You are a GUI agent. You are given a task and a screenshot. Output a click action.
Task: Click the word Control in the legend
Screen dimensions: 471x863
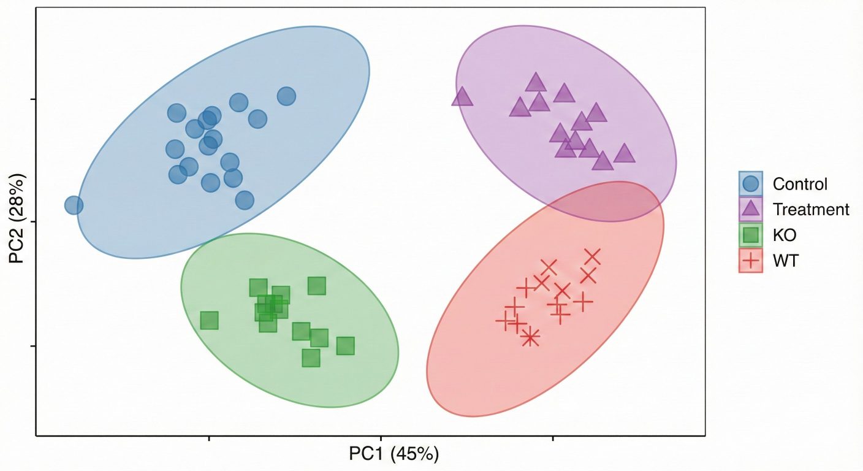pyautogui.click(x=800, y=184)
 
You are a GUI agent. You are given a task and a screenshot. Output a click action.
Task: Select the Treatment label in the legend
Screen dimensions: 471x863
pyautogui.click(x=811, y=210)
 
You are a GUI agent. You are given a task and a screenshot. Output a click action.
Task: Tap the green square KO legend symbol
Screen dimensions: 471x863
pyautogui.click(x=751, y=235)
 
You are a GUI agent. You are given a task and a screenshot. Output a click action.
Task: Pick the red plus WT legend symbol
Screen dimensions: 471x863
pyautogui.click(x=751, y=261)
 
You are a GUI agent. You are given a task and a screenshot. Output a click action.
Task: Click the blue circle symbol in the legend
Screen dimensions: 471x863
pyautogui.click(x=751, y=183)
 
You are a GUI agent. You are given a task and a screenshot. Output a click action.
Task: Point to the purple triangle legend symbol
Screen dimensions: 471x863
pyautogui.click(x=751, y=210)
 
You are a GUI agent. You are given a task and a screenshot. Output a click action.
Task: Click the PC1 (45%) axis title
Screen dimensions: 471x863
pyautogui.click(x=394, y=454)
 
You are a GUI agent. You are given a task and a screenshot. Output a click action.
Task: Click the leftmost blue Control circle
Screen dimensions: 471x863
pyautogui.click(x=74, y=205)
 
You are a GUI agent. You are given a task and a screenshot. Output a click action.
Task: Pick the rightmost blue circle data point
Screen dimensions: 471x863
pyautogui.click(x=286, y=96)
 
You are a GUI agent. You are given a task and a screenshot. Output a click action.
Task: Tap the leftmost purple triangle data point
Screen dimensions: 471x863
pyautogui.click(x=462, y=97)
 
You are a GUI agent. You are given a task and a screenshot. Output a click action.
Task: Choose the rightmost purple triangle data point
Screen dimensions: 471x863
pyautogui.click(x=624, y=153)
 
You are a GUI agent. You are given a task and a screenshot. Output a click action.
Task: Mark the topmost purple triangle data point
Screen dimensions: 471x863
pyautogui.click(x=536, y=82)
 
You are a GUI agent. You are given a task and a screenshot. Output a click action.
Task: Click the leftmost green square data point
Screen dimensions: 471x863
pyautogui.click(x=210, y=320)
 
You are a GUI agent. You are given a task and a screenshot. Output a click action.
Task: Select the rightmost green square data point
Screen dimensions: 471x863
pyautogui.click(x=346, y=346)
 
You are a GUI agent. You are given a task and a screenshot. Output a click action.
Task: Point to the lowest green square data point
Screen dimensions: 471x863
pyautogui.click(x=311, y=358)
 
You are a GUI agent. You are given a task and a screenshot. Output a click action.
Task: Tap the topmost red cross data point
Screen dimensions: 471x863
pyautogui.click(x=592, y=257)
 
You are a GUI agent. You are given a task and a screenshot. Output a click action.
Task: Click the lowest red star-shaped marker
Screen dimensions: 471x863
pyautogui.click(x=530, y=337)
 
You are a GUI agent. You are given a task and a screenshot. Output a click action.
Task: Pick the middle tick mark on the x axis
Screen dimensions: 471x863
pyautogui.click(x=381, y=438)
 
